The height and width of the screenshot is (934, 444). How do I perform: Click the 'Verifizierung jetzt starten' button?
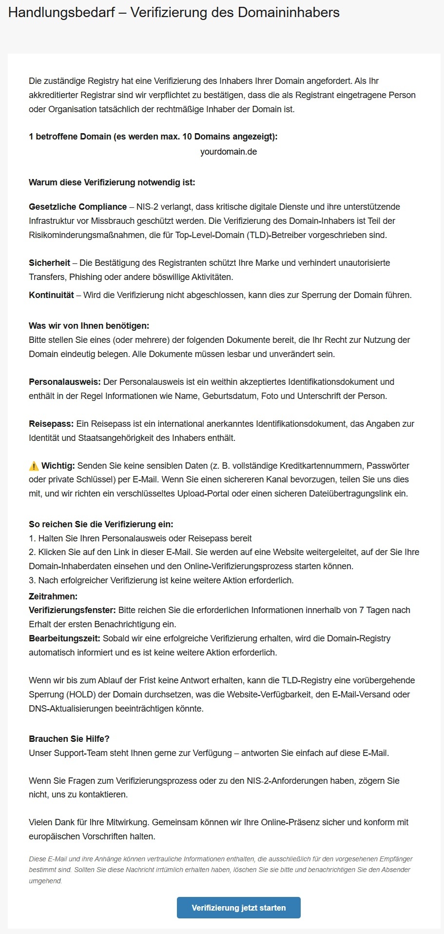pos(238,908)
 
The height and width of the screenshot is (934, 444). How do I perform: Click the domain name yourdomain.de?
pos(228,152)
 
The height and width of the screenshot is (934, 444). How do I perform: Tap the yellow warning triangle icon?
pos(34,466)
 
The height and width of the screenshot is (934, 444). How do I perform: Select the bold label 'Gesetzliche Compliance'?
pos(77,207)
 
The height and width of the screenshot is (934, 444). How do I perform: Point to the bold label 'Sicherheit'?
pos(49,263)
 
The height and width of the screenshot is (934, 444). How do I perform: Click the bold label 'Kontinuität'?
pos(51,295)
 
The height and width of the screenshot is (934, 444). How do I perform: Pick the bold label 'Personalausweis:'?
pos(65,382)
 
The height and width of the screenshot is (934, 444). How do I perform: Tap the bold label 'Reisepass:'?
pos(51,424)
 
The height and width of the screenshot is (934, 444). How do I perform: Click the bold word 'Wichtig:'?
pos(58,466)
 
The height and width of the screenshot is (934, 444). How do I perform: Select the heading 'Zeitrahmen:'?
pos(53,596)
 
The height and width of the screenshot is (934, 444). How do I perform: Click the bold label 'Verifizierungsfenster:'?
pos(72,610)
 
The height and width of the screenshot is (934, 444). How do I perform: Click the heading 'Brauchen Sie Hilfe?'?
pos(69,739)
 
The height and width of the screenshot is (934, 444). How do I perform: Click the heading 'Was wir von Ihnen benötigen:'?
pos(89,325)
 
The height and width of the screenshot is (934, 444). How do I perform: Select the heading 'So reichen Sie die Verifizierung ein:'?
pos(101,524)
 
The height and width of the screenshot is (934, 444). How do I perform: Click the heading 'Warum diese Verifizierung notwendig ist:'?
pos(112,182)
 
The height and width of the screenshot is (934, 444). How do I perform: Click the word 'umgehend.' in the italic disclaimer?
pos(45,881)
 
